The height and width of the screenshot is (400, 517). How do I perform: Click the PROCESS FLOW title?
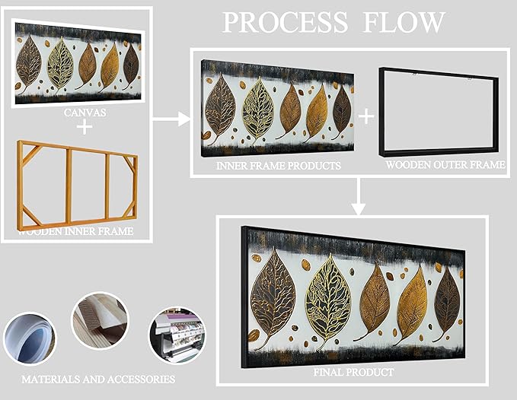pyautogui.click(x=333, y=22)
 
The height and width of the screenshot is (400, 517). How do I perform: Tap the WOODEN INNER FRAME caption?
pyautogui.click(x=76, y=231)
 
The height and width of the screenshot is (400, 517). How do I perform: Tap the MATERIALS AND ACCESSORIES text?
pyautogui.click(x=98, y=378)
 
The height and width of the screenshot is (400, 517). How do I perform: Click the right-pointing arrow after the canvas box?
pyautogui.click(x=171, y=119)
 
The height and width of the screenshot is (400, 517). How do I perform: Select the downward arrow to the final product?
pyautogui.click(x=357, y=200)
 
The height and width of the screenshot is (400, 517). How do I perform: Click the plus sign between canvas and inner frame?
pyautogui.click(x=85, y=126)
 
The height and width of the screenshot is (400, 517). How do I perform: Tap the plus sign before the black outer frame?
pyautogui.click(x=367, y=116)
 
